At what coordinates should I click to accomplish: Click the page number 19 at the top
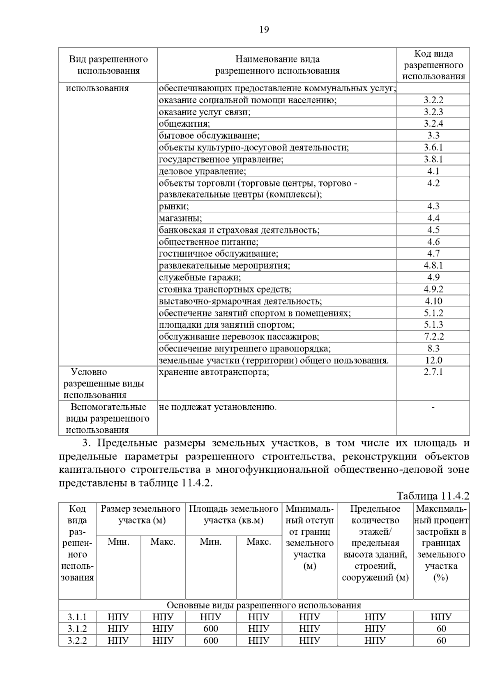click(x=264, y=30)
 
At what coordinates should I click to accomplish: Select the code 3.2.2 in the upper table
click(x=433, y=100)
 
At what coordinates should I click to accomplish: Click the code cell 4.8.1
click(x=433, y=266)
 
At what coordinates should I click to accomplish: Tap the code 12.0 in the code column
click(x=433, y=361)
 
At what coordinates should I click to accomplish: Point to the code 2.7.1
click(x=433, y=372)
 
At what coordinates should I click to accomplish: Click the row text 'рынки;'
click(x=174, y=206)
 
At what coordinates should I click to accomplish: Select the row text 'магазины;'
click(x=180, y=218)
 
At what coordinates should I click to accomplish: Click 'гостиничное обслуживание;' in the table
click(x=218, y=254)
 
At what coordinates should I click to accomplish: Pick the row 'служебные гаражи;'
click(x=200, y=277)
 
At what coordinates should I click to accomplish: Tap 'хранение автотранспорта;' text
click(x=214, y=372)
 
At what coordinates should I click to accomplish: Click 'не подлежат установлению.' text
click(x=218, y=407)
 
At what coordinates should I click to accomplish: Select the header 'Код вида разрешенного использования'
click(x=433, y=65)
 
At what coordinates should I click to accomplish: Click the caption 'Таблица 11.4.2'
click(x=433, y=496)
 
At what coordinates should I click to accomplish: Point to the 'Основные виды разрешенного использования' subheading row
click(x=264, y=605)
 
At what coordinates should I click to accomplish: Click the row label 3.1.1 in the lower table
click(x=77, y=617)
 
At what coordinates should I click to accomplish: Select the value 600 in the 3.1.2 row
click(x=211, y=629)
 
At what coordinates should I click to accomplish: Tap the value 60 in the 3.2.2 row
click(x=441, y=640)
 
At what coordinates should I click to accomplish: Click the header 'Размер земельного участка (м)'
click(x=141, y=515)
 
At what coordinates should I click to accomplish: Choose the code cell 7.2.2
click(x=433, y=337)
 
